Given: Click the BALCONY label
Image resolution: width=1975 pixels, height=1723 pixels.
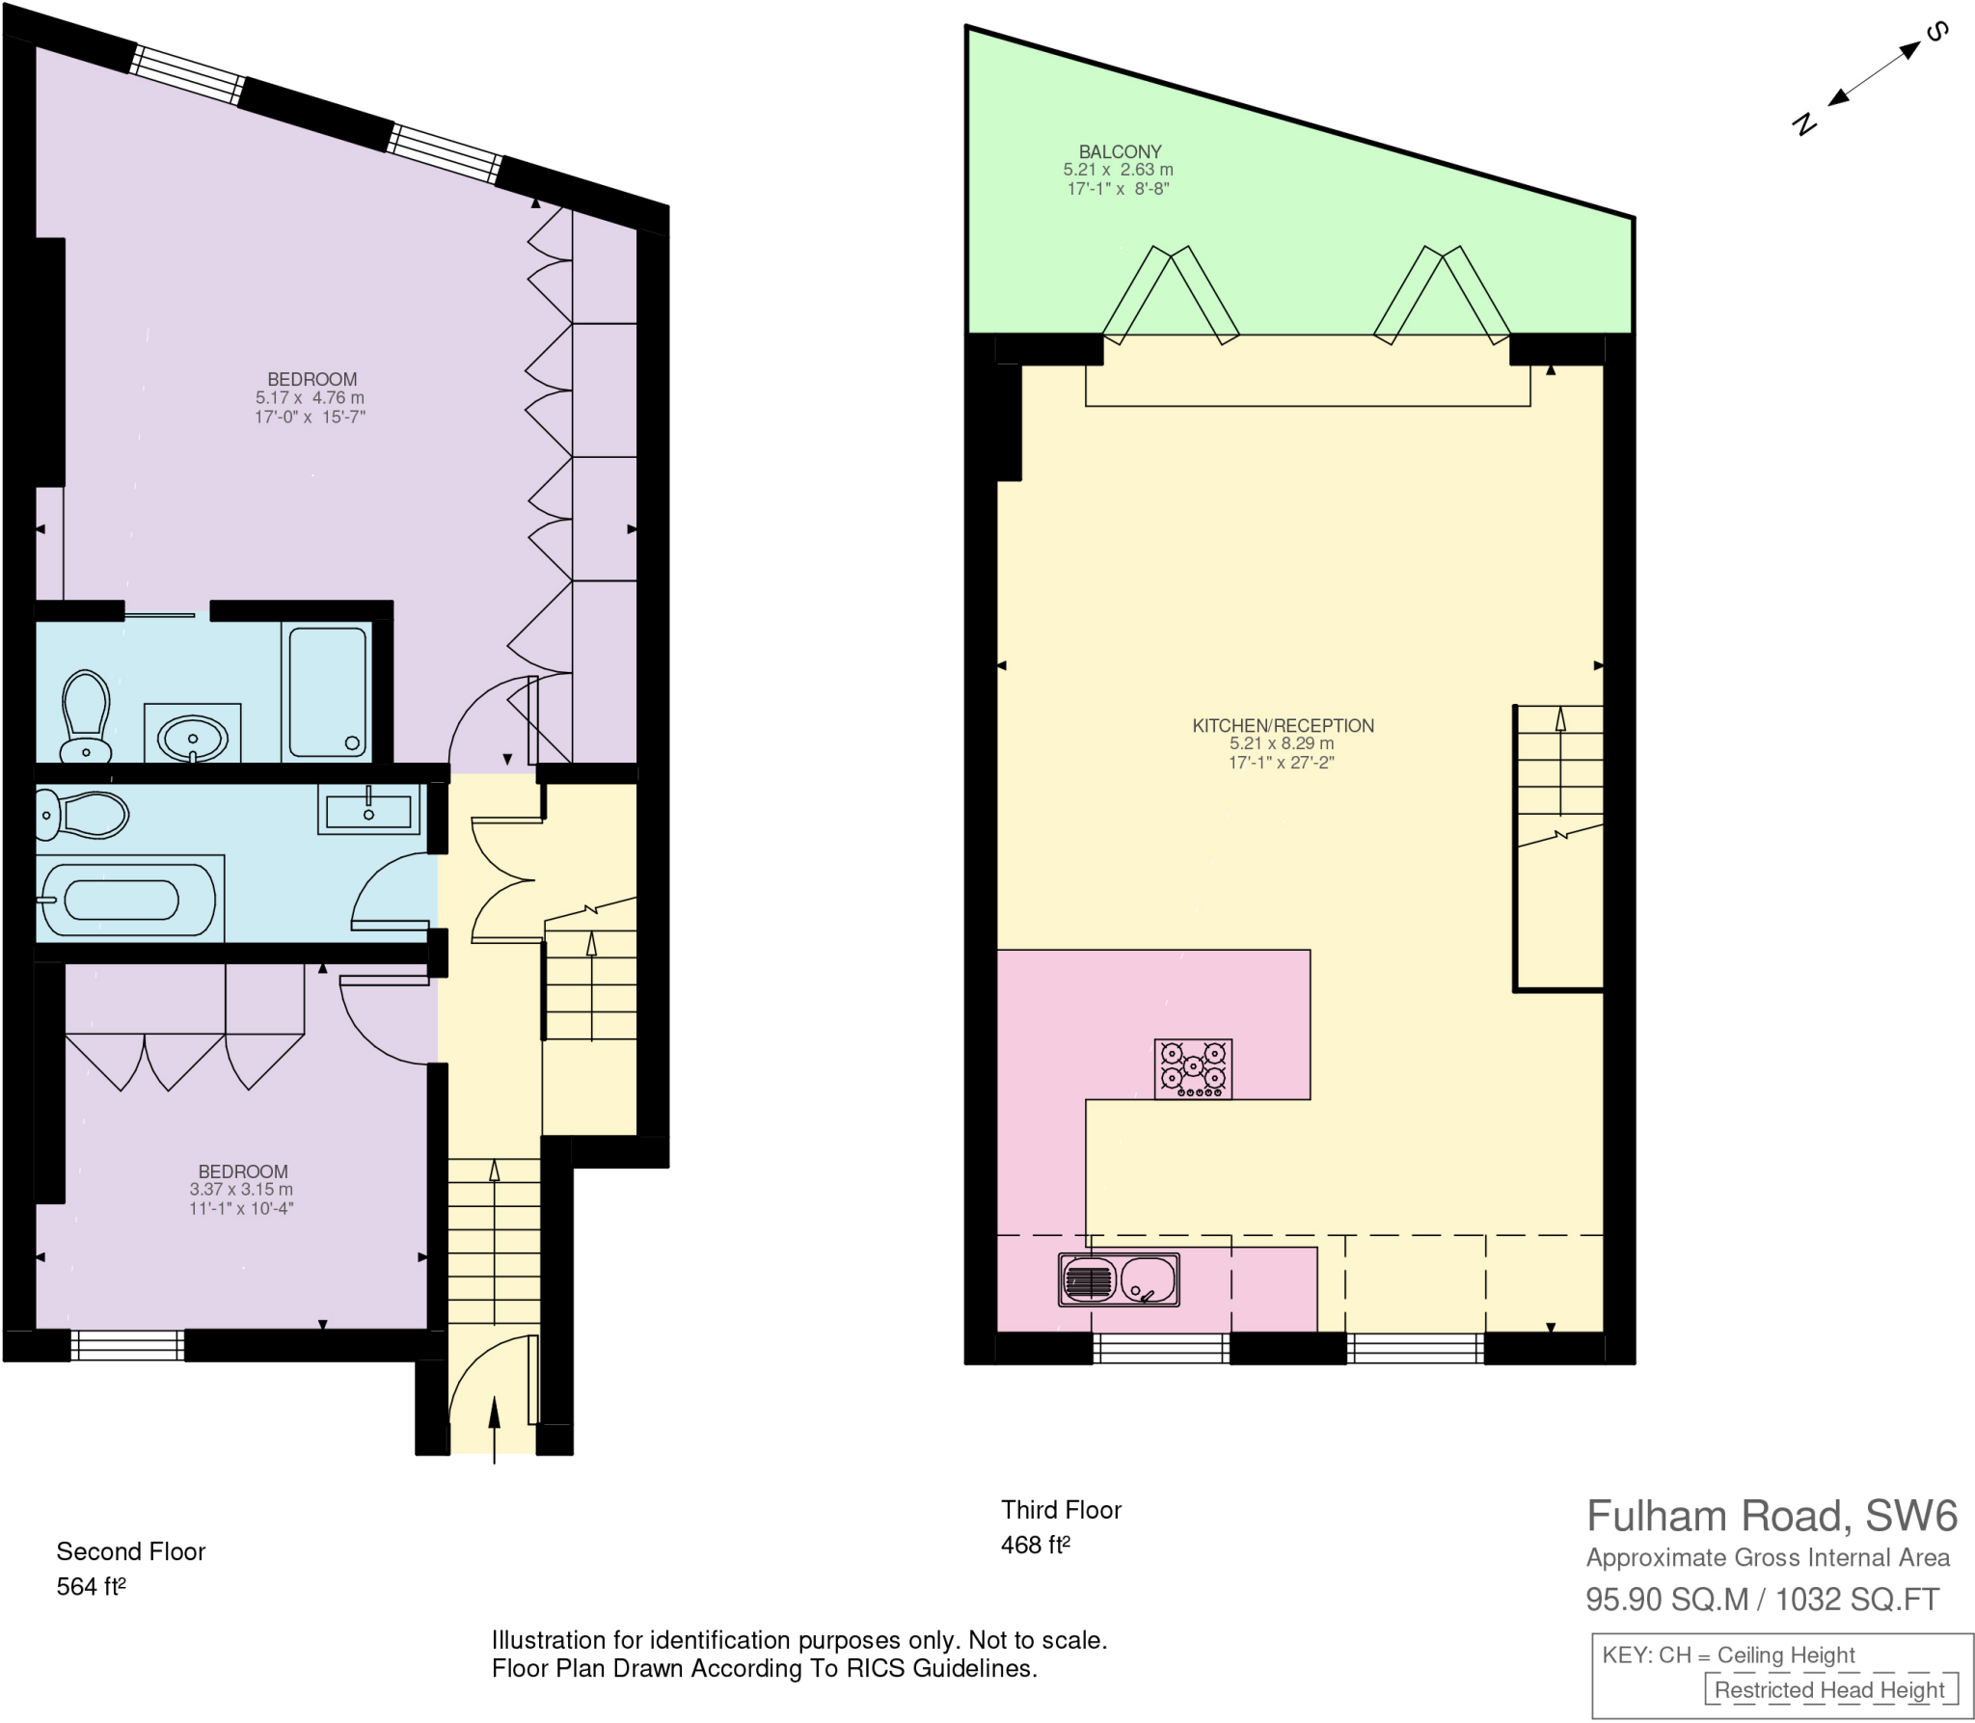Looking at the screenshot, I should coord(1119,151).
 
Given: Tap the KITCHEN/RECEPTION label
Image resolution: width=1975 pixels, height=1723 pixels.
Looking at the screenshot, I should coord(1282,725).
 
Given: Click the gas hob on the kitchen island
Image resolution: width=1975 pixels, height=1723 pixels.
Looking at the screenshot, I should coord(1193,1068).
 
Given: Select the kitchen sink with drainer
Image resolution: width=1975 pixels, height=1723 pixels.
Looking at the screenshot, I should coord(1119,1279).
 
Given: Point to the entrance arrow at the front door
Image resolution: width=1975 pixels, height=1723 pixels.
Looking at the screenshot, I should coord(495,1427).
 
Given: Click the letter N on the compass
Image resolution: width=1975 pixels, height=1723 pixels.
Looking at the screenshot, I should coord(1803,123).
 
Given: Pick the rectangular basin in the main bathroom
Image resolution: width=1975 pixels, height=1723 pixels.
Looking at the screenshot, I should coord(368,811).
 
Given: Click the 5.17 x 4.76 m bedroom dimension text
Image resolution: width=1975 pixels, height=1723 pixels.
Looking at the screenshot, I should coord(310,397).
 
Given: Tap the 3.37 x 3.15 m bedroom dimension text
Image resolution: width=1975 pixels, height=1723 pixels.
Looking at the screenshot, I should coord(241,1190).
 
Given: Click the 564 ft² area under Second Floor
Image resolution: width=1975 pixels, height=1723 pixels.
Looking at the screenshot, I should coord(91,1586).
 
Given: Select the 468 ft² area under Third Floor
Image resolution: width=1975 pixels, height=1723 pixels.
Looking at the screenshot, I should coord(1035,1545).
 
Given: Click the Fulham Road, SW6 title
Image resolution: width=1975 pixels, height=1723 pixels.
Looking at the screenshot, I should coord(1771,1516).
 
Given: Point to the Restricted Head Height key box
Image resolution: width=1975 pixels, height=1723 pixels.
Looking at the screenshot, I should coord(1828,1689).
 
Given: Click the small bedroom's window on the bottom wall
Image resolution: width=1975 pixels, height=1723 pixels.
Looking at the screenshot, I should coord(127,1345).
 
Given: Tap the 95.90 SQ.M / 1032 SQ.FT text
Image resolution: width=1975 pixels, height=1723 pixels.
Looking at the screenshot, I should coord(1762,1600).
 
